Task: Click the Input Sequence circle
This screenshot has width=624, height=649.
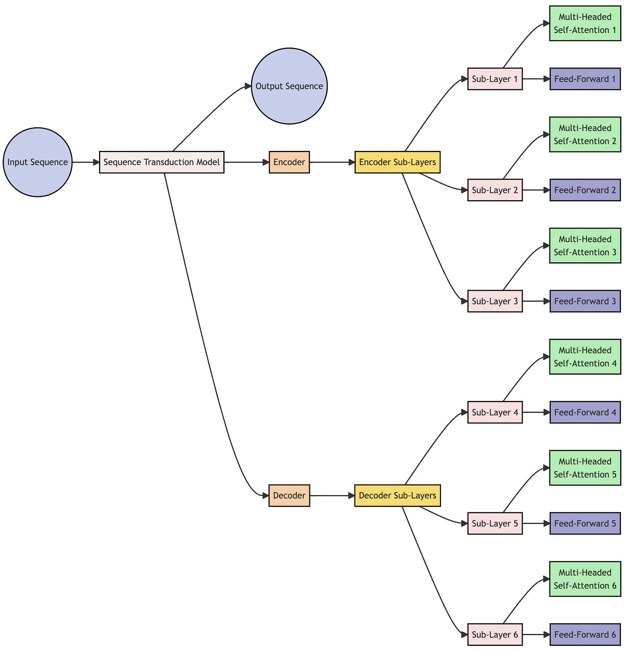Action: pyautogui.click(x=38, y=162)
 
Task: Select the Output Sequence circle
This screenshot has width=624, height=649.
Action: pyautogui.click(x=289, y=86)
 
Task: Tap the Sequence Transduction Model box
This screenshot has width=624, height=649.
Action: pyautogui.click(x=162, y=162)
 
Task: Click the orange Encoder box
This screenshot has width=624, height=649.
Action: pyautogui.click(x=289, y=162)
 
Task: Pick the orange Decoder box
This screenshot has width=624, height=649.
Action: pyautogui.click(x=289, y=496)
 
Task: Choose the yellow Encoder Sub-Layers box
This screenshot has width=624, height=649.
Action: pyautogui.click(x=397, y=162)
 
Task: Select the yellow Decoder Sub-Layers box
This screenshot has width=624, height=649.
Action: pyautogui.click(x=397, y=496)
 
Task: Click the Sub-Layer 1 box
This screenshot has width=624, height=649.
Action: pyautogui.click(x=495, y=79)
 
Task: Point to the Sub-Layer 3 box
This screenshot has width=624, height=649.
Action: pyautogui.click(x=495, y=301)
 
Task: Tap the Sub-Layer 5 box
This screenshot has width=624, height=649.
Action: pyautogui.click(x=495, y=523)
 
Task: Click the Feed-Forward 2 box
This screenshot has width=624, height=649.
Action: pyautogui.click(x=585, y=190)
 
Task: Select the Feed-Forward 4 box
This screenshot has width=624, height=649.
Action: pyautogui.click(x=585, y=412)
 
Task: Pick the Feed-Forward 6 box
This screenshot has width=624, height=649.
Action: pyautogui.click(x=585, y=634)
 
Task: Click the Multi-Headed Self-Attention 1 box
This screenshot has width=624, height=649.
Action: pyautogui.click(x=585, y=24)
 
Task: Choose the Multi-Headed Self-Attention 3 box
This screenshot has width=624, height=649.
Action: pyautogui.click(x=585, y=246)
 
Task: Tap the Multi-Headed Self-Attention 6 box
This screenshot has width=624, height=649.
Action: pyautogui.click(x=585, y=579)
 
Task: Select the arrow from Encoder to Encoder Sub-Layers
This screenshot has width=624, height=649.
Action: pyautogui.click(x=332, y=162)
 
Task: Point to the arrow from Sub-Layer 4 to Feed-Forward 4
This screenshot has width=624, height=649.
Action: pyautogui.click(x=536, y=412)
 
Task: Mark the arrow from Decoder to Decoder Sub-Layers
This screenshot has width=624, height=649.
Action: pyautogui.click(x=332, y=496)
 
